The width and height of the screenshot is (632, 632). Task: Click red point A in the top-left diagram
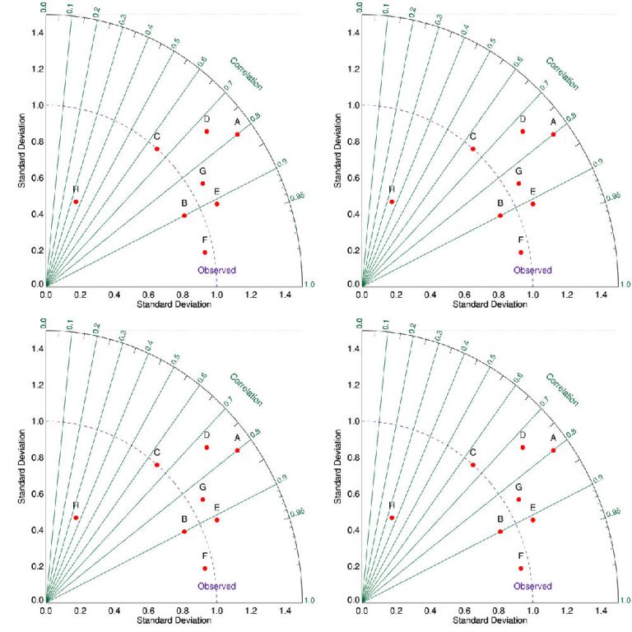click(237, 134)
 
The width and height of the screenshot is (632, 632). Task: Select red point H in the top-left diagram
click(76, 202)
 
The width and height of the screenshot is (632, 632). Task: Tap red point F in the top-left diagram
click(205, 252)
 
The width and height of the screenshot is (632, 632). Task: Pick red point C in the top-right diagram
click(472, 148)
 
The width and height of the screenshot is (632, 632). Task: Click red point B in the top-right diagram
click(500, 216)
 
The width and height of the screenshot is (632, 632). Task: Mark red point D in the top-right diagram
click(523, 131)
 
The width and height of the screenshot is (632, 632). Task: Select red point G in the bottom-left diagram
click(202, 500)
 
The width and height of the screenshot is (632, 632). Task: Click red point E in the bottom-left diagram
click(217, 520)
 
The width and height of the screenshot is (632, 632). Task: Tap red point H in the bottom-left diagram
click(76, 518)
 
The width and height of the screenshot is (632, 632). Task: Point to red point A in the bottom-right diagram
click(553, 450)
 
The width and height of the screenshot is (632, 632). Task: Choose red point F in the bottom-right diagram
click(521, 568)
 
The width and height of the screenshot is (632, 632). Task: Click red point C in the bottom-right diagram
click(472, 464)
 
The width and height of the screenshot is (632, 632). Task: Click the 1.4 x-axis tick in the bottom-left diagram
click(284, 611)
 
